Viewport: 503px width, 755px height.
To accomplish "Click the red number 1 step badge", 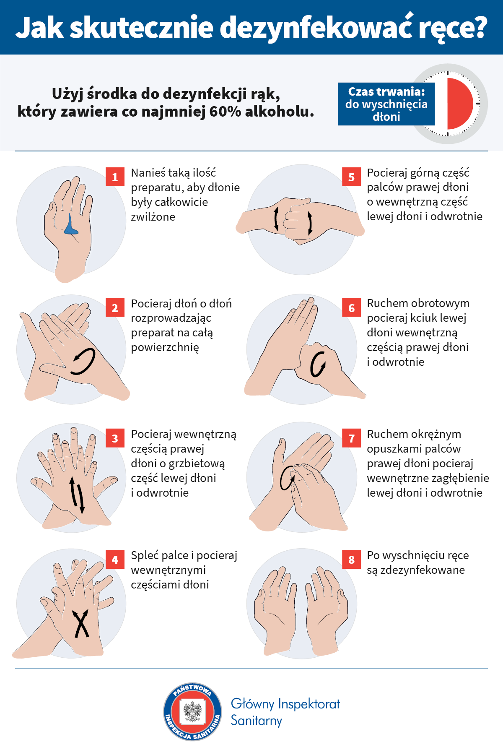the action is [x=115, y=177].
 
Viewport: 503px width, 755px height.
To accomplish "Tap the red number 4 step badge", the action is [x=115, y=560].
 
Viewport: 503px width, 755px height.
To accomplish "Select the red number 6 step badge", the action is [x=352, y=308].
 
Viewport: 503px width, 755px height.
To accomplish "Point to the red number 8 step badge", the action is [x=352, y=560].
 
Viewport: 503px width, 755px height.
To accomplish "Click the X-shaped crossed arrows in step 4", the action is [x=81, y=623].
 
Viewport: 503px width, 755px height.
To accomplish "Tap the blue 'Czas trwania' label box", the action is [x=386, y=104].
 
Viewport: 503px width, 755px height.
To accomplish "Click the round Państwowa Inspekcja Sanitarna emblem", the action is [x=193, y=711].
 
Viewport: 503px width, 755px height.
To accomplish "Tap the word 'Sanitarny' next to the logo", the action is [x=257, y=721].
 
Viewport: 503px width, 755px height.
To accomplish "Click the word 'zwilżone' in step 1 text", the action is [x=153, y=217].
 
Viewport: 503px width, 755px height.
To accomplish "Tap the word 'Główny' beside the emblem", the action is [x=253, y=704].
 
